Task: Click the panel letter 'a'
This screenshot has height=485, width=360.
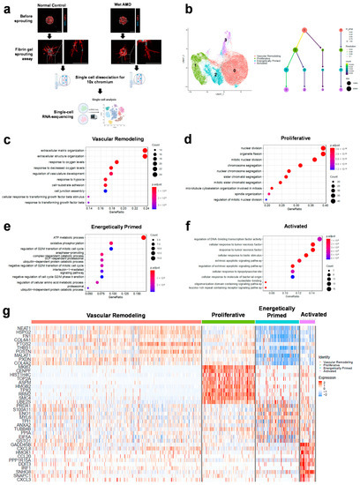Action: click(x=5, y=6)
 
